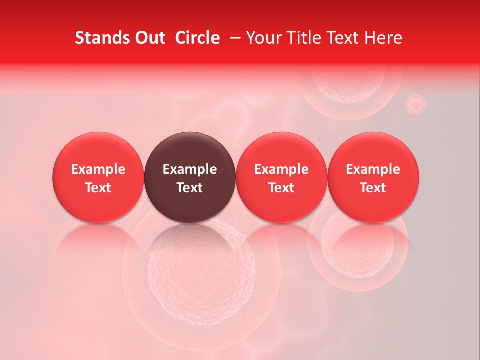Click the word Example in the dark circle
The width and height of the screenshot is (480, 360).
tap(190, 169)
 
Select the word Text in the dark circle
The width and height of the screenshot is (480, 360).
tap(190, 188)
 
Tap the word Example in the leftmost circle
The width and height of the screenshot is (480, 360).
tap(98, 169)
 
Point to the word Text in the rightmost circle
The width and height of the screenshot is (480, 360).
tap(373, 188)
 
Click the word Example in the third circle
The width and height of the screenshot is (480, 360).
tap(281, 169)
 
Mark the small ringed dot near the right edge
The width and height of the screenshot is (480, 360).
tap(415, 104)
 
